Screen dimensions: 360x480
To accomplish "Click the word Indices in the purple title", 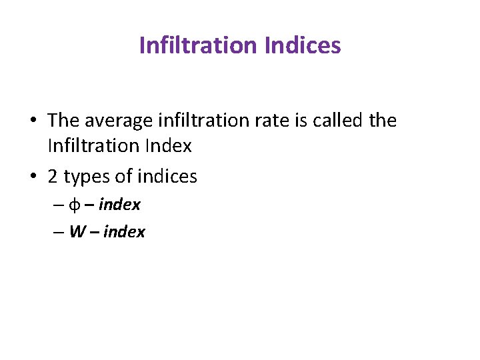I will tap(303, 45).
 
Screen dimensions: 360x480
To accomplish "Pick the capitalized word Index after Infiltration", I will tap(169, 145).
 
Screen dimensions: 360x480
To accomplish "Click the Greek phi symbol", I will tap(75, 205).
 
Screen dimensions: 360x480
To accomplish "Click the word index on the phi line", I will tap(119, 205).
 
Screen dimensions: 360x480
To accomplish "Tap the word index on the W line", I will tap(124, 232).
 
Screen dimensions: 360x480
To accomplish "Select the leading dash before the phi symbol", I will tap(58, 205).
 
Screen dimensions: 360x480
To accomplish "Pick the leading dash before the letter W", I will tap(58, 233).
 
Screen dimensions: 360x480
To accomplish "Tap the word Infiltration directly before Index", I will tap(90, 145).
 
